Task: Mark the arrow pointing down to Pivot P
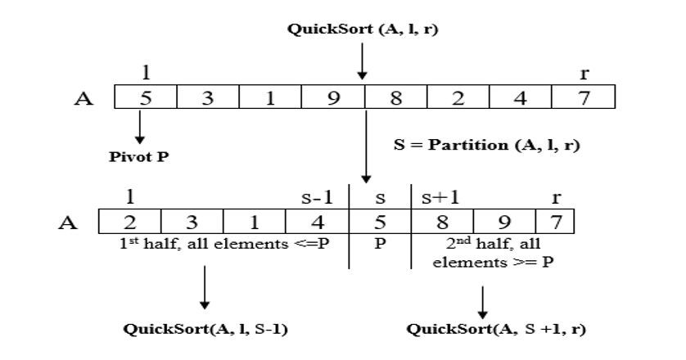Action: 141,129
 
